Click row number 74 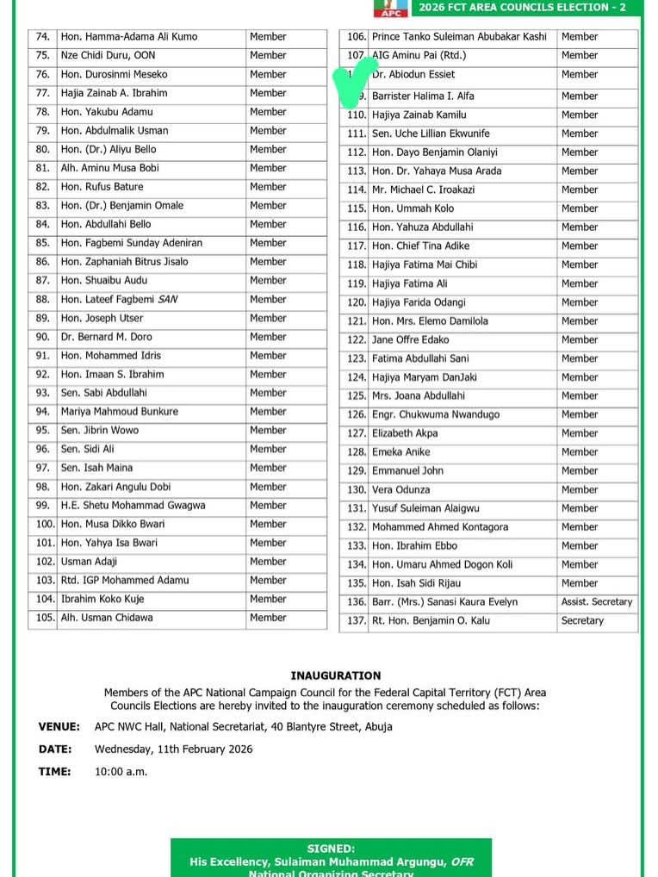tap(43, 37)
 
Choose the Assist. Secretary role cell tap(597, 602)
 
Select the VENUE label tap(59, 727)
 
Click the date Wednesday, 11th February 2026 tap(173, 749)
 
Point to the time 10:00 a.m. tap(121, 772)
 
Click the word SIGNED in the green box tap(331, 849)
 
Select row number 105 tap(45, 618)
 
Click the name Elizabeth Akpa tap(405, 433)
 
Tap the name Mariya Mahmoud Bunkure tap(119, 412)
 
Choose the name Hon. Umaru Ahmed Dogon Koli tap(442, 565)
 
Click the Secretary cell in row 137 tap(582, 621)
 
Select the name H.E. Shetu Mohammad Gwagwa tap(133, 506)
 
